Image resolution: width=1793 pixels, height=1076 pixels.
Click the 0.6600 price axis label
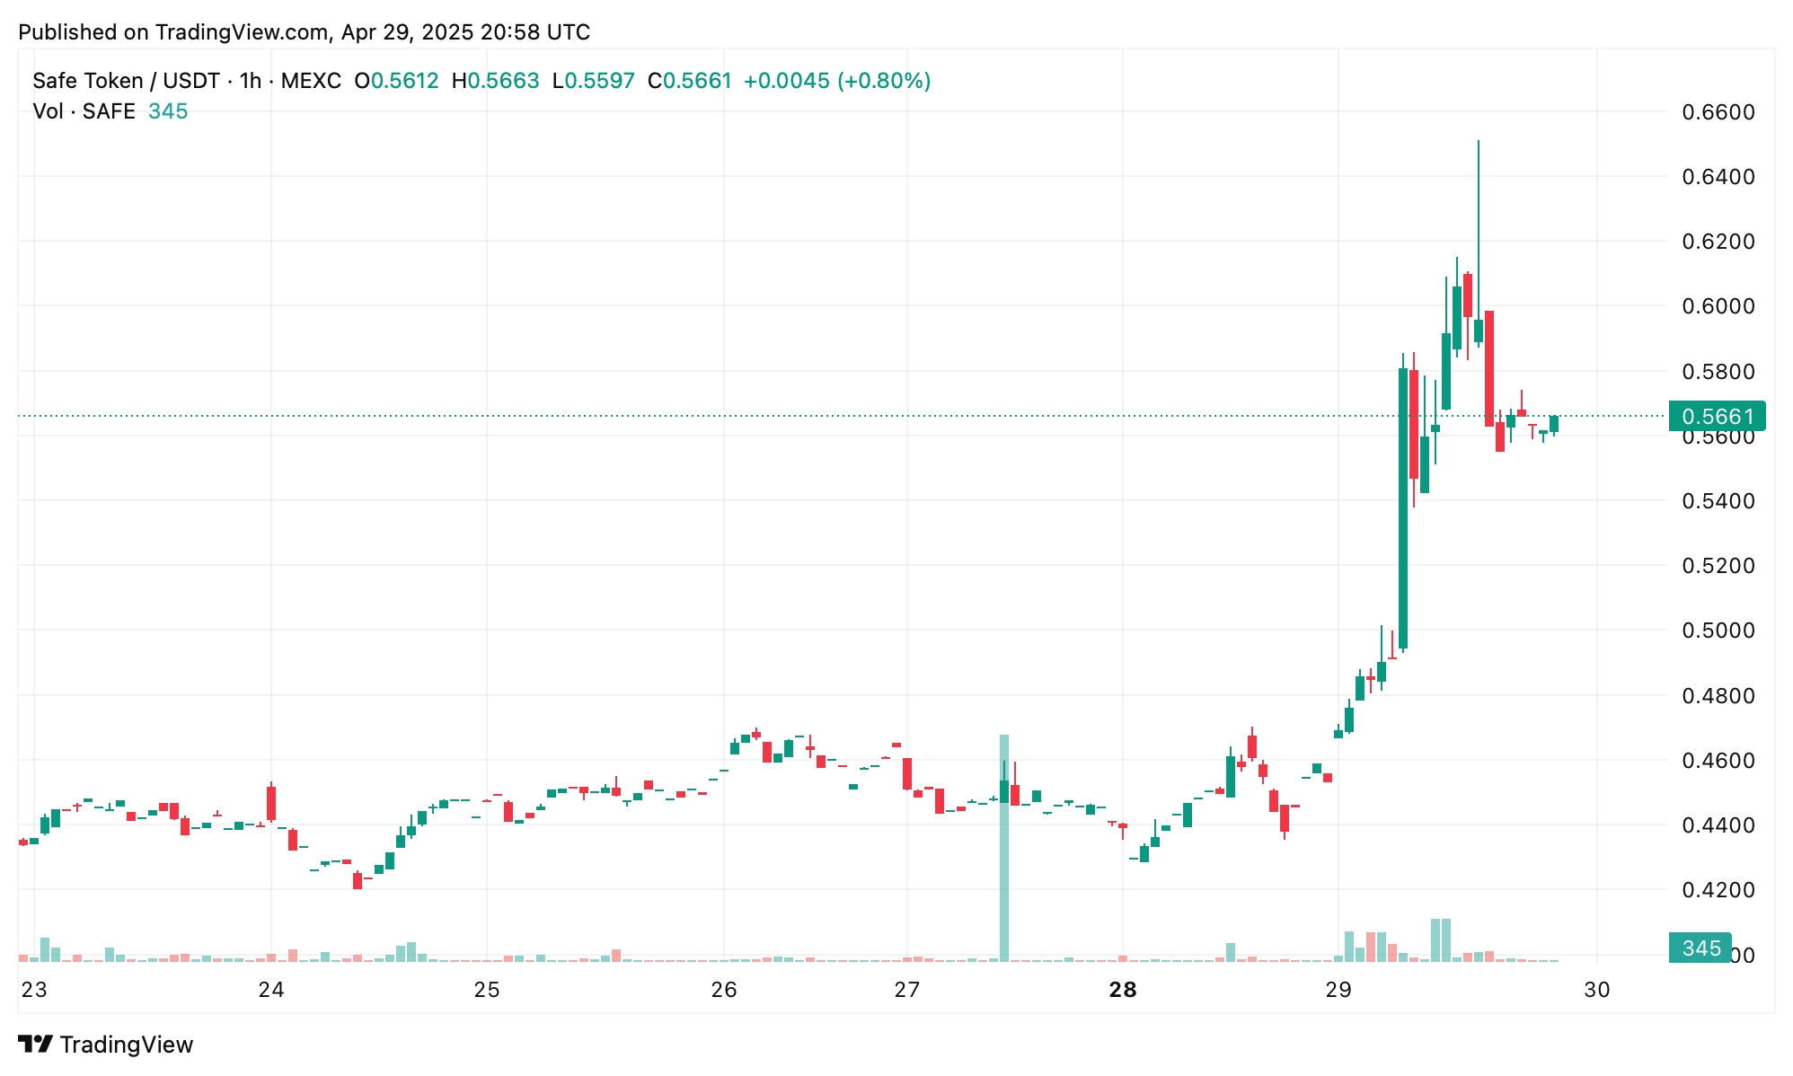coord(1718,112)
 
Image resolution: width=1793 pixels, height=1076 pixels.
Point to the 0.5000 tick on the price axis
coord(1718,631)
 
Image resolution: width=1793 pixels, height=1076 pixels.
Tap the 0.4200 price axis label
coord(1718,890)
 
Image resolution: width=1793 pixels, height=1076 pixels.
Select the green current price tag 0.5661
coord(1717,417)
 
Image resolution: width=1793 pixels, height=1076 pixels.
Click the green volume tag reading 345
coord(1700,948)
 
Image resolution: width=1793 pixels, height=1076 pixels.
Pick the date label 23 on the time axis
coord(34,990)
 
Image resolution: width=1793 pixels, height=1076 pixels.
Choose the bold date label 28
coord(1123,990)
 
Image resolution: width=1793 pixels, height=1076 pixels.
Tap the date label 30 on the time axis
coord(1597,990)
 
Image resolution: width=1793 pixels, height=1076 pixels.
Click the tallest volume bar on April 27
coord(1004,848)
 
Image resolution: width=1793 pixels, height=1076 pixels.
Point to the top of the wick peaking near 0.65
coord(1479,142)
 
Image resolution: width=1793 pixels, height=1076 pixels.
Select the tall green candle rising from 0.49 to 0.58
coord(1403,507)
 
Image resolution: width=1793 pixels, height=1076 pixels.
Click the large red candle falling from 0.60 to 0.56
coord(1489,368)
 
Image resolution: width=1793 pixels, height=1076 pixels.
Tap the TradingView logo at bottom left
coord(106,1045)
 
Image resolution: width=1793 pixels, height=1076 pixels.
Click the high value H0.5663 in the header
coord(495,81)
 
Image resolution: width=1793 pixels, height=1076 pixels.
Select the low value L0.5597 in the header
coord(593,81)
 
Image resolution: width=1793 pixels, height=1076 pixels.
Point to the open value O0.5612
coord(396,81)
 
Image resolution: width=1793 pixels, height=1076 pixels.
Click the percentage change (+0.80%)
coord(884,81)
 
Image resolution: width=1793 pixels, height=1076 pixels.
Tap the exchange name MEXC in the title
coord(311,81)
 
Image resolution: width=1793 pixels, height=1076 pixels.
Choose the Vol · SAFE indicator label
coord(84,111)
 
